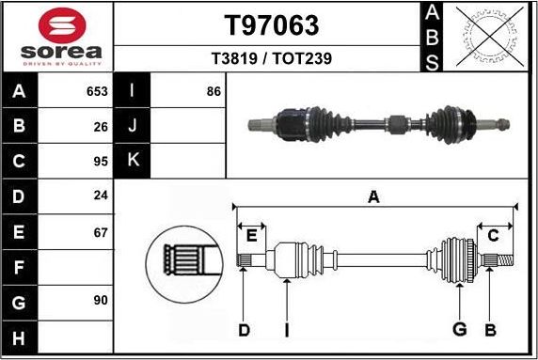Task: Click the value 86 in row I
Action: click(x=213, y=91)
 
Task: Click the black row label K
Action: click(x=133, y=160)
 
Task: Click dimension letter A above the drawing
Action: click(x=373, y=196)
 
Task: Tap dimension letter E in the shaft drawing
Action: click(x=250, y=235)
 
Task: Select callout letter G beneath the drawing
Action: click(x=459, y=329)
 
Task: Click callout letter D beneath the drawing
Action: click(x=244, y=329)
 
